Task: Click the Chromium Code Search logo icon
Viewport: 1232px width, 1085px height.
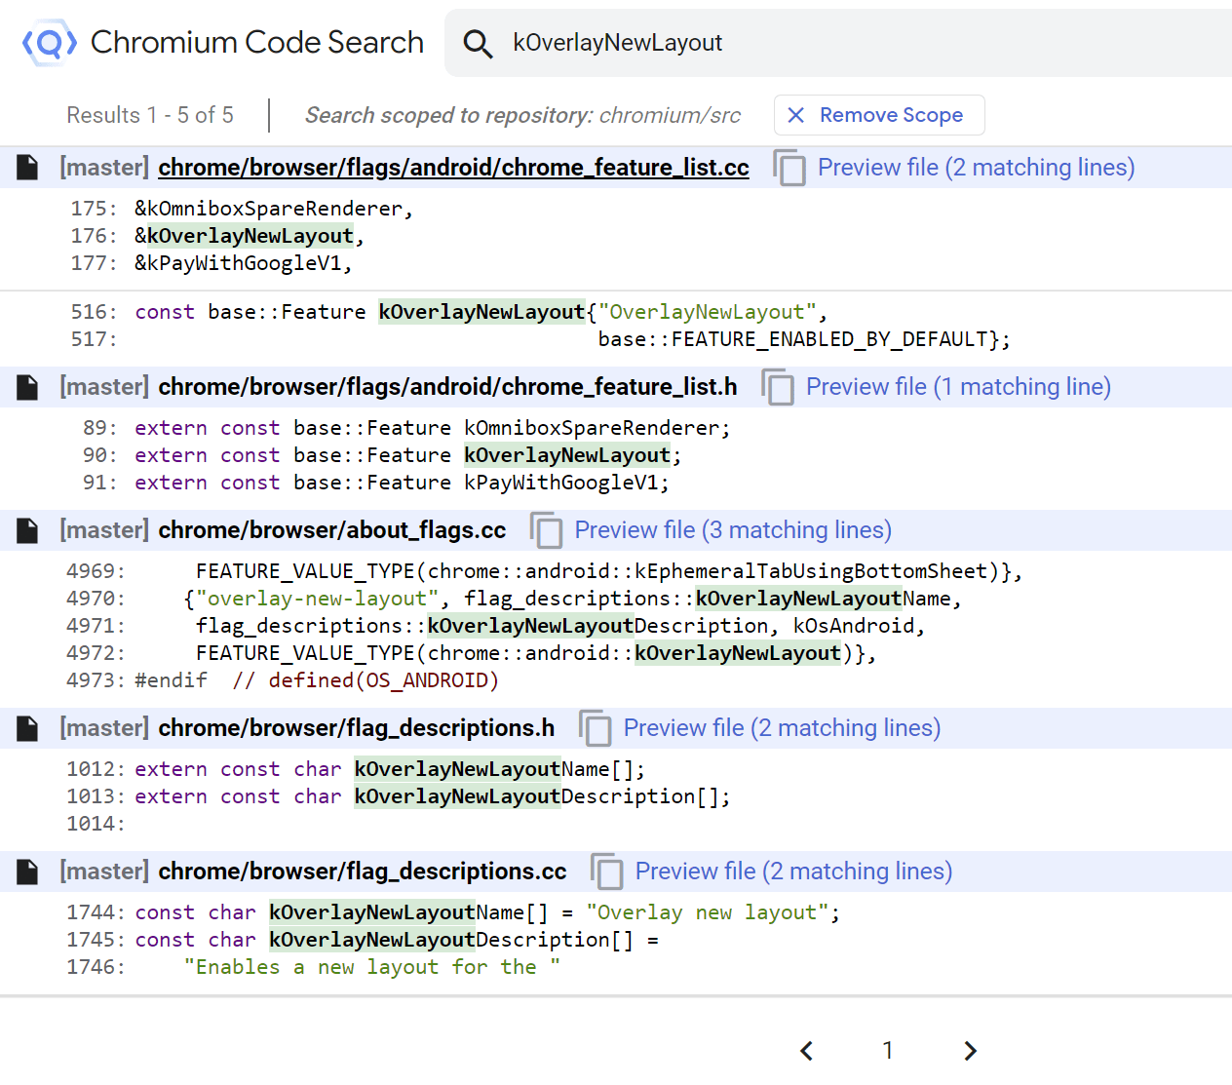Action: [x=50, y=43]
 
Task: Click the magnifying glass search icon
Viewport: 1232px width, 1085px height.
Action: [x=478, y=44]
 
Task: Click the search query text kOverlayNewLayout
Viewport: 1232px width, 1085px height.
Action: [x=617, y=43]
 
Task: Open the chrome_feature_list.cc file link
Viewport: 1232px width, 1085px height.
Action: [x=453, y=168]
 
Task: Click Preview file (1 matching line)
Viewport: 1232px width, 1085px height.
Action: [x=958, y=387]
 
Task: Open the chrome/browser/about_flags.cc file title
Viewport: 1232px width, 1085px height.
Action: [x=332, y=530]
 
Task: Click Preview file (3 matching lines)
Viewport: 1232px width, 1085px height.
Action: [x=733, y=530]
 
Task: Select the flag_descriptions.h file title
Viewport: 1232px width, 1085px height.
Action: [x=357, y=728]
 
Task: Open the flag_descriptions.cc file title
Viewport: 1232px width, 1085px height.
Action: [x=363, y=871]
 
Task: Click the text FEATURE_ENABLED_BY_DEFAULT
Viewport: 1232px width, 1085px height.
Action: [x=828, y=339]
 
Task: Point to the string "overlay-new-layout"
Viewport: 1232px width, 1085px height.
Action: [x=317, y=599]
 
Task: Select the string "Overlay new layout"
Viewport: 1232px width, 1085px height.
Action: [x=708, y=912]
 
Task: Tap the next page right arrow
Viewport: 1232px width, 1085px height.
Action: [x=971, y=1051]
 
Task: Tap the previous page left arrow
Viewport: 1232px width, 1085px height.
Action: [x=806, y=1051]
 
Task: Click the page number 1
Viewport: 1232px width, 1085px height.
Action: [x=888, y=1051]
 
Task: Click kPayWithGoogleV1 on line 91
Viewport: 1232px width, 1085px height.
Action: [x=560, y=483]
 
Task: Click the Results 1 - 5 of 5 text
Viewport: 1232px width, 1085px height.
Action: [x=149, y=115]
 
